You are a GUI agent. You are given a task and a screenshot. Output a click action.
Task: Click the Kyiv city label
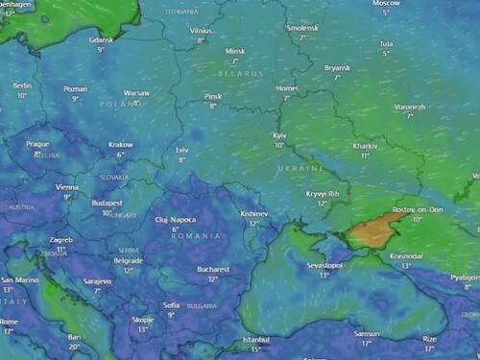(280, 136)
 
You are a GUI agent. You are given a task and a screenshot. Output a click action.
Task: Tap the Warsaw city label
(136, 93)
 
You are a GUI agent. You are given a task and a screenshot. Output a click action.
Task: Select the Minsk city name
(234, 51)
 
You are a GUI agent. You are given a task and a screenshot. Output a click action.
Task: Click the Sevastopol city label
(324, 264)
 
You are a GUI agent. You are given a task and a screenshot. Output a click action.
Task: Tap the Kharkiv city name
(365, 146)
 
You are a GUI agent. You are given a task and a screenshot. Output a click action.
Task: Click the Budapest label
(108, 203)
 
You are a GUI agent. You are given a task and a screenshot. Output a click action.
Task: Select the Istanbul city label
(256, 339)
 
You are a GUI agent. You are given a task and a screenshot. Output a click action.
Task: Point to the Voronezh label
(409, 106)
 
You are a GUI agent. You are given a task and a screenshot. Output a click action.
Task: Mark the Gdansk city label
(101, 39)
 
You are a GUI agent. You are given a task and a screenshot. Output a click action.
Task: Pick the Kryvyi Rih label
(323, 193)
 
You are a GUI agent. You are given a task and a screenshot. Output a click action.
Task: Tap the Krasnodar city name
(406, 256)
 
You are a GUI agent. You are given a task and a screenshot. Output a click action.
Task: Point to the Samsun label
(366, 332)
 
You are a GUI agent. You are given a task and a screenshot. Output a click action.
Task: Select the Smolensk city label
(302, 29)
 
